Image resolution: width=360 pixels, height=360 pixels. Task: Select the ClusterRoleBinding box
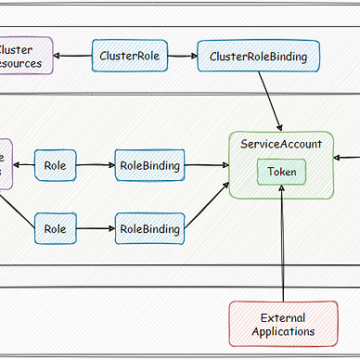coord(258,57)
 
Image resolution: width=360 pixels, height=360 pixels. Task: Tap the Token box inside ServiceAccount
coord(281,172)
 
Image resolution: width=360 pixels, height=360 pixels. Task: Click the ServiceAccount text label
coord(281,145)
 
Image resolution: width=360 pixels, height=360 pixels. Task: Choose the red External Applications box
coord(282,324)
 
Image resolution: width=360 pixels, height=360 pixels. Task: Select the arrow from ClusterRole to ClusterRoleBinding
coord(181,57)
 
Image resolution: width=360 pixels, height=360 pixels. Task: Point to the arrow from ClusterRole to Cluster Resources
coord(73,57)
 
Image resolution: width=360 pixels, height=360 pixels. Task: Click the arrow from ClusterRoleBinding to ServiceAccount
coord(270,101)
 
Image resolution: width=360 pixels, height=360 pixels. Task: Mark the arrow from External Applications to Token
coord(281,243)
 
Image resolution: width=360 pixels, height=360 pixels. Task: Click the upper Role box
coord(55,166)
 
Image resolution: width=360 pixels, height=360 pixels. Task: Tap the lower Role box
coord(55,227)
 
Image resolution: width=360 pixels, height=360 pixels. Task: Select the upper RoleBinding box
coord(148,166)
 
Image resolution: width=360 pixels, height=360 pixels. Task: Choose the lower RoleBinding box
coord(148,227)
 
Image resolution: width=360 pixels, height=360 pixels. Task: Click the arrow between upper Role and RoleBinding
coord(96,166)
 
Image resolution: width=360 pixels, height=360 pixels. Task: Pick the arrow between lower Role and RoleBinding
coord(96,227)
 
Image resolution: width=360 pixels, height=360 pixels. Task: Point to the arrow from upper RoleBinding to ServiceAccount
coord(205,166)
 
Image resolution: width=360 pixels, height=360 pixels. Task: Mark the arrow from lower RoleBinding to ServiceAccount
coord(207,205)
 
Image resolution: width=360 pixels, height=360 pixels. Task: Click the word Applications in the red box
coord(282,331)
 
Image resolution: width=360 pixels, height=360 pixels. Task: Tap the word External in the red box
coord(283,316)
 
